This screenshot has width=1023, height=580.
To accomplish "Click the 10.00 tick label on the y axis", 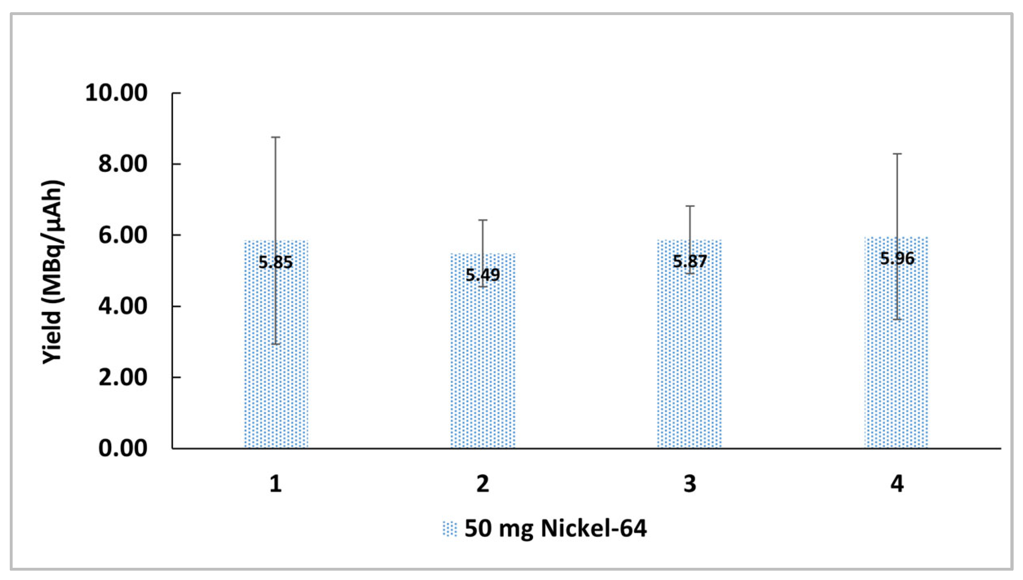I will click(x=116, y=93).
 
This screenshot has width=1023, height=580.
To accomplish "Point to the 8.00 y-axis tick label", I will click(x=123, y=164).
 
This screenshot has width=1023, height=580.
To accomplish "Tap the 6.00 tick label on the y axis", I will click(x=123, y=235).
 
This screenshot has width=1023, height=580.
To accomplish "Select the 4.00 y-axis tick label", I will click(x=123, y=306).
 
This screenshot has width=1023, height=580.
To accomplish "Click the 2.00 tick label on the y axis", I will click(x=123, y=378).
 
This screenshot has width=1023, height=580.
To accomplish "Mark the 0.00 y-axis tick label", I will click(x=123, y=448).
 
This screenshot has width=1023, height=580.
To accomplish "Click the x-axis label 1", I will click(x=276, y=484).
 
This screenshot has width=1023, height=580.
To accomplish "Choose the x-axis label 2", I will click(x=483, y=484).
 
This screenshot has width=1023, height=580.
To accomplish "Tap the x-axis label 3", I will click(x=689, y=484).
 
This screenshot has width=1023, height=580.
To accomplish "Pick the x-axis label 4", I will click(x=897, y=484).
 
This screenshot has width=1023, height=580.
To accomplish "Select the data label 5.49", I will click(x=483, y=276).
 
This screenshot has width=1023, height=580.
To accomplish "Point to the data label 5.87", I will click(x=689, y=261).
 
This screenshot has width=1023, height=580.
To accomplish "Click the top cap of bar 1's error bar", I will click(x=276, y=137).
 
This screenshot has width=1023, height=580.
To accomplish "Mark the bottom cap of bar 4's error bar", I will click(x=897, y=319).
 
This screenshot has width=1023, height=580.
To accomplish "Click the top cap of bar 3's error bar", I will click(x=689, y=206).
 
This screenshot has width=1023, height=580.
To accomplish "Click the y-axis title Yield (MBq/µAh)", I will click(x=53, y=272).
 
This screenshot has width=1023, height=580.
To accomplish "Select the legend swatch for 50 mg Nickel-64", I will click(x=450, y=529).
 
